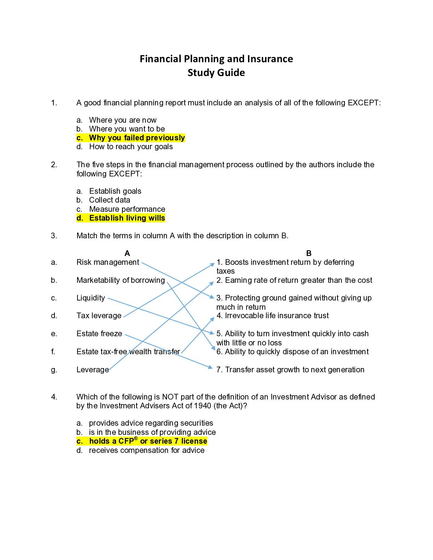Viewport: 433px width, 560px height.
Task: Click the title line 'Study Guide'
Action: pos(216,73)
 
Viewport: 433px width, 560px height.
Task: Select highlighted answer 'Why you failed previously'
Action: pos(137,138)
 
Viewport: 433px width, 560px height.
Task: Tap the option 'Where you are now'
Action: pos(122,120)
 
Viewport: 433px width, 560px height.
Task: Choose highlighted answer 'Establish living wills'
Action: pos(127,218)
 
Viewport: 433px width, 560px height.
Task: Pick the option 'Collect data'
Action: pos(109,200)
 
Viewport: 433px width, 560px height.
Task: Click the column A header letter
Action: pos(127,253)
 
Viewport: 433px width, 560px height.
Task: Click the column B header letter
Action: pos(309,253)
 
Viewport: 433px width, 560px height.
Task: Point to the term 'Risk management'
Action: pos(108,262)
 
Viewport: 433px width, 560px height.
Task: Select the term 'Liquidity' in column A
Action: pos(91,298)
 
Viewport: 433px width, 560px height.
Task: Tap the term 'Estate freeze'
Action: pos(99,334)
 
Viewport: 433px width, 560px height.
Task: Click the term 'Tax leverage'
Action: pos(99,316)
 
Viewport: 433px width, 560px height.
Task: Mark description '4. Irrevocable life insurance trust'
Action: pos(273,316)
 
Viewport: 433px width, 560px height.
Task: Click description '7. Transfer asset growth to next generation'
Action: pos(290,370)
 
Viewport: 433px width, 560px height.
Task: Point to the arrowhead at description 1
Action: pos(213,264)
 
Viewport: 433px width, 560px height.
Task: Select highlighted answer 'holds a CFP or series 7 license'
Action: pos(148,441)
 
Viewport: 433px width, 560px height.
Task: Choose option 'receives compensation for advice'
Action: pos(146,450)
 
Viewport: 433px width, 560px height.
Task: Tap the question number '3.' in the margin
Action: pos(54,236)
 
